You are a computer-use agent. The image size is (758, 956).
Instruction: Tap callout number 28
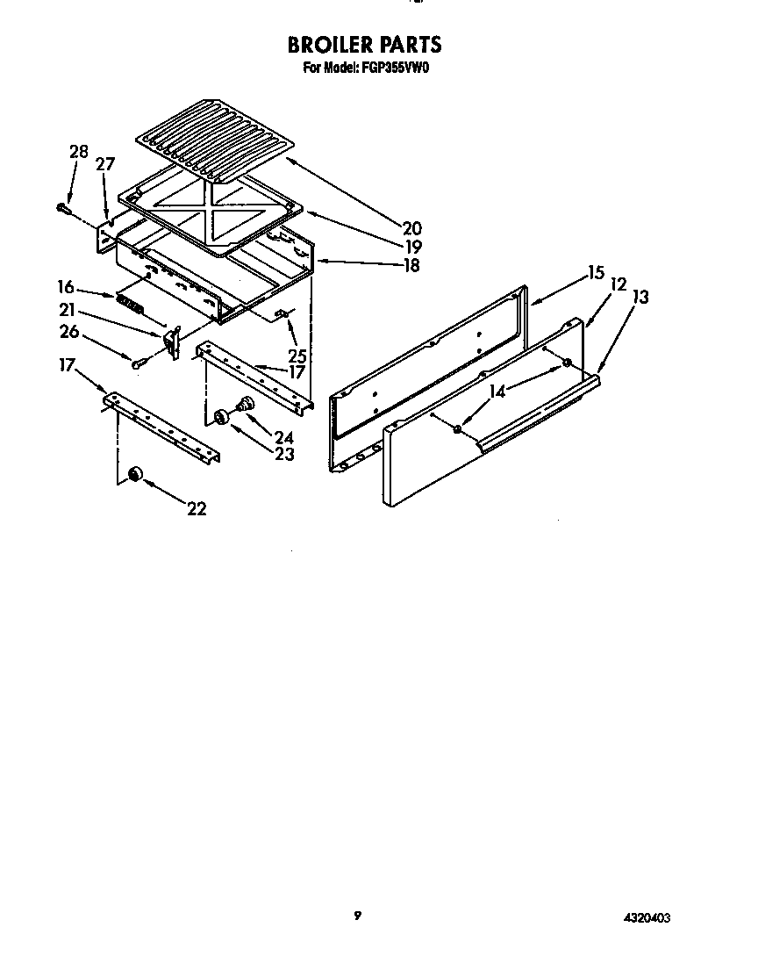click(x=78, y=151)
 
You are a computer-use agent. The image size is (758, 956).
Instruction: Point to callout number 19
click(x=411, y=247)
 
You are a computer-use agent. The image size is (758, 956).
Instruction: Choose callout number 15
click(x=597, y=272)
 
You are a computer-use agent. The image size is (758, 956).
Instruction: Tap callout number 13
click(x=640, y=298)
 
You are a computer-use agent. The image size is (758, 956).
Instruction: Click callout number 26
click(x=69, y=331)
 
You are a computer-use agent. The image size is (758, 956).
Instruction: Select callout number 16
click(x=66, y=286)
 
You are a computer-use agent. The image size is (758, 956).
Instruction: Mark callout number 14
click(x=498, y=392)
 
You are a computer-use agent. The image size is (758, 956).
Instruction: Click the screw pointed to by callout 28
click(x=63, y=208)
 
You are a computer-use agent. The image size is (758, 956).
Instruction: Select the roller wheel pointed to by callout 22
click(x=135, y=474)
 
